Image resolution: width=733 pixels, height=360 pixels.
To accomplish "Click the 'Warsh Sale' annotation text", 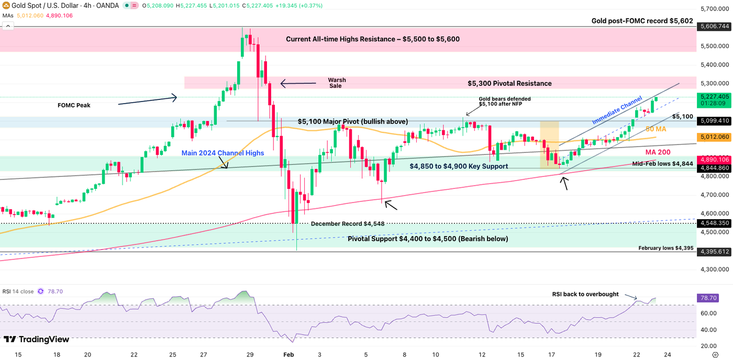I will point(337,83).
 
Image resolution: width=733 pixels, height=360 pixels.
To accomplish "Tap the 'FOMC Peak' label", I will point(74,105).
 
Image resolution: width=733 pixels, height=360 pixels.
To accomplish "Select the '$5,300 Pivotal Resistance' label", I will point(509,83).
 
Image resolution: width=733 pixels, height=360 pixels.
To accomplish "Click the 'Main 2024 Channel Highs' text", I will point(223,153).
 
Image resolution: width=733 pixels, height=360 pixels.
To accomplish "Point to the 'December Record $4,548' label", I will point(348,223).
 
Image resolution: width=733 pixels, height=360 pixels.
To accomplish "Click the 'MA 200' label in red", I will point(658,152).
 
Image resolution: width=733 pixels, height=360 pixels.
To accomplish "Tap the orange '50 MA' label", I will point(656,129).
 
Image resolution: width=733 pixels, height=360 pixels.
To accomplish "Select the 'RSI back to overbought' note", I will point(585,294).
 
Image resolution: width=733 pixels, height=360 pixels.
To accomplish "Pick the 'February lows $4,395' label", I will point(665,248).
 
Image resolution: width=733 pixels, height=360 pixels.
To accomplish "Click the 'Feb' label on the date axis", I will point(288,354).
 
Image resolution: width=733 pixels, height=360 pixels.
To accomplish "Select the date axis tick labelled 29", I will point(250,354).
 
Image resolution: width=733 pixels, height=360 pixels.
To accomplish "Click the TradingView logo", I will point(37,340).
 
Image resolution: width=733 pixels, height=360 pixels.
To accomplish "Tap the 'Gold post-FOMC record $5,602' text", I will point(642,21).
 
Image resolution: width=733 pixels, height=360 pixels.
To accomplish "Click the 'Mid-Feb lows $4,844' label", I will point(662,164).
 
